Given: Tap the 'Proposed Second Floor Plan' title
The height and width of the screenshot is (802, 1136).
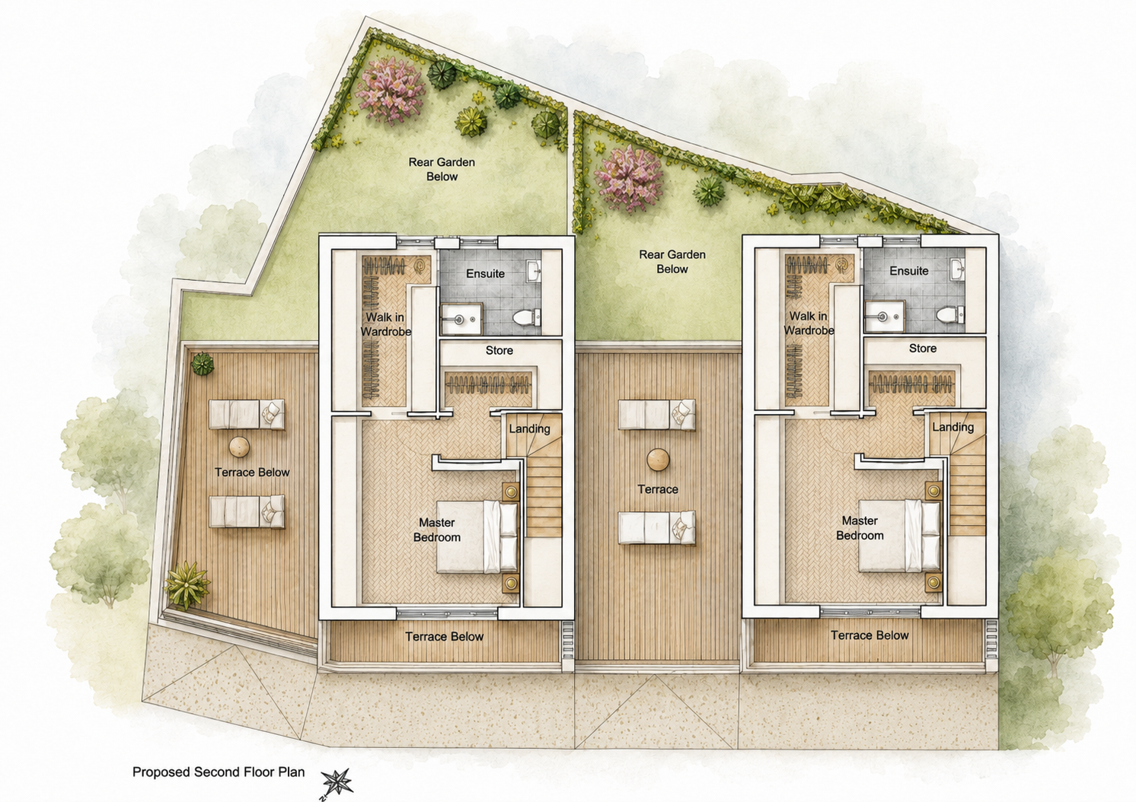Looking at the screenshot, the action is [219, 772].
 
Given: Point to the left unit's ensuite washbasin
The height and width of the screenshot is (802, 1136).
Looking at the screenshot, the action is [534, 270].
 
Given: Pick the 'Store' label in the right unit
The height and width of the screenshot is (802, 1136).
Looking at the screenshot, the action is [923, 348].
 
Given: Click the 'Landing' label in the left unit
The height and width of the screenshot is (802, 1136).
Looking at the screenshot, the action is [529, 429].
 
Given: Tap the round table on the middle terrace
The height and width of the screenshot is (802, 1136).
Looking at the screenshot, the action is [658, 460].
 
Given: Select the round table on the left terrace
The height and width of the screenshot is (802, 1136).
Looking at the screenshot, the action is [239, 447].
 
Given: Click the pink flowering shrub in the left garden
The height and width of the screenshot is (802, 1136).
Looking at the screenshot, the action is [391, 91].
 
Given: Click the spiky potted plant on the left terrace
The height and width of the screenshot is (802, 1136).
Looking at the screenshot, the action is [187, 584].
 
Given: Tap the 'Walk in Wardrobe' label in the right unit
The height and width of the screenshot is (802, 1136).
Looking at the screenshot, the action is [809, 323].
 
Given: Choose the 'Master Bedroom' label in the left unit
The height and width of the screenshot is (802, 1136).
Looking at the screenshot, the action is [436, 530].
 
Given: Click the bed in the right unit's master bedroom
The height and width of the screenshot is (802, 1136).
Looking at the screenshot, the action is [900, 536].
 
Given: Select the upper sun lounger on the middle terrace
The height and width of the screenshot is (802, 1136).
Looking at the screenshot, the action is [657, 415].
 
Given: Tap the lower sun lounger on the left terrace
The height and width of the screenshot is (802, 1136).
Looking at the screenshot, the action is [247, 511].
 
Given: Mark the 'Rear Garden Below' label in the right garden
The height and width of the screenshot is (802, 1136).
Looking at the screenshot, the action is [672, 262].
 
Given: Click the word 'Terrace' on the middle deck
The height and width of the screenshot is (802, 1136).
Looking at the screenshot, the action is [658, 489].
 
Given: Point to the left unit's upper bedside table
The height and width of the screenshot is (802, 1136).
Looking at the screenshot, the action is [511, 491].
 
